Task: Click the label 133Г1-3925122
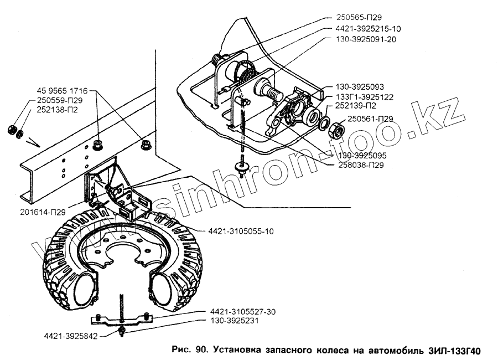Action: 367,97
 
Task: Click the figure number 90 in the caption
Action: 200,350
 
